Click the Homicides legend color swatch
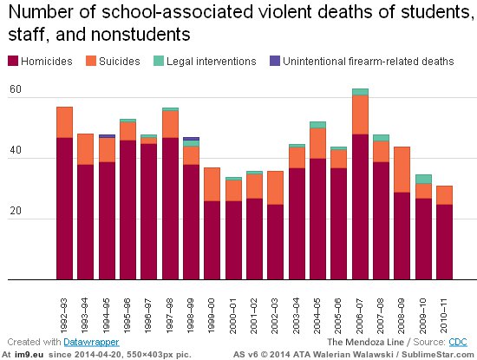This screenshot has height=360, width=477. pos(13,61)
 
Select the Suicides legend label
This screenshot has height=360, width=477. pos(120,62)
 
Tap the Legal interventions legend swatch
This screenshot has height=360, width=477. pos(159,61)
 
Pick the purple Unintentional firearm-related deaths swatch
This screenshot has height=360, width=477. pos(275,61)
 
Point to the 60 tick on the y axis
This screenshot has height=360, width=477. pos(16,89)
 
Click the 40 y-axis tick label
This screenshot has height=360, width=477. pos(16,150)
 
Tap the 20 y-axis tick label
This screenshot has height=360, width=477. pos(16,210)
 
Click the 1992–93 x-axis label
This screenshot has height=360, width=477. pos(64,316)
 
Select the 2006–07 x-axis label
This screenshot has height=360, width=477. pos(360,316)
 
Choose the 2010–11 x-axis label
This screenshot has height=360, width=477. pos(444,316)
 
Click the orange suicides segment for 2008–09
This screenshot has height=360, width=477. pos(402,169)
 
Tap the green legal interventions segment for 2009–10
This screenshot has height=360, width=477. pos(423,180)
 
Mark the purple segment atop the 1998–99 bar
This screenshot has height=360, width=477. pos(192,139)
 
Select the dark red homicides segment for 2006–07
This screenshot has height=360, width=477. pos(360,207)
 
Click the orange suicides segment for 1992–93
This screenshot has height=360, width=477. pos(64,122)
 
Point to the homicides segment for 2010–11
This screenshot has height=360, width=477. pos(444,242)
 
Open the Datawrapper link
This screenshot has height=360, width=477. pos(91,342)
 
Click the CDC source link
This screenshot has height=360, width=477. pos(458,342)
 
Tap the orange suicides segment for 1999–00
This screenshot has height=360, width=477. pos(212,185)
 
